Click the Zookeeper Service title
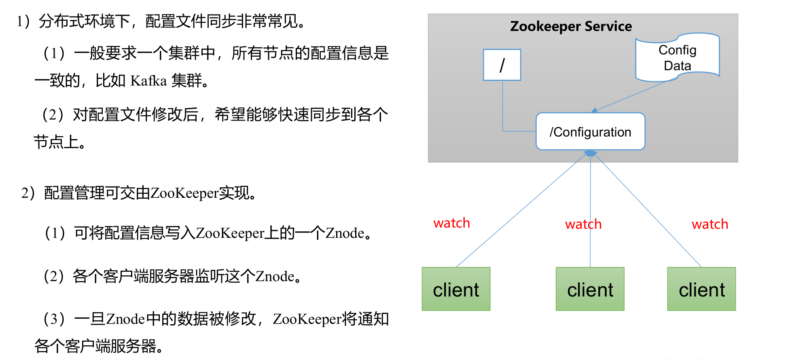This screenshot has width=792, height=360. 571,26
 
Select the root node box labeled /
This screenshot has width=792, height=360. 502,65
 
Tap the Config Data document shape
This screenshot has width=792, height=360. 677,57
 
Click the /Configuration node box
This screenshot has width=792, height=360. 590,131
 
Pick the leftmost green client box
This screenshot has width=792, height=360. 456,289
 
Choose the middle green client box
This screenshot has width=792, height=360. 590,289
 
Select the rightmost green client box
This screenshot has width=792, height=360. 701,289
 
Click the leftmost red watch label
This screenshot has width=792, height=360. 451,223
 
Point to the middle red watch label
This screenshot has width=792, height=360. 583,224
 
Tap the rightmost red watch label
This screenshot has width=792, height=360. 710,224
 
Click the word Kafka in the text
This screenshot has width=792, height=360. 148,81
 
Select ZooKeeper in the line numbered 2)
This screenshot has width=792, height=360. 184,193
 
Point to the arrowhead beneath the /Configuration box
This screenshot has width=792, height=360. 591,153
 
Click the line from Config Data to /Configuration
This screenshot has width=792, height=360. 631,96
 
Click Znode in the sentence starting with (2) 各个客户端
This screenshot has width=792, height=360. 275,277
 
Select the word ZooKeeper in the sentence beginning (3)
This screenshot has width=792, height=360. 307,319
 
